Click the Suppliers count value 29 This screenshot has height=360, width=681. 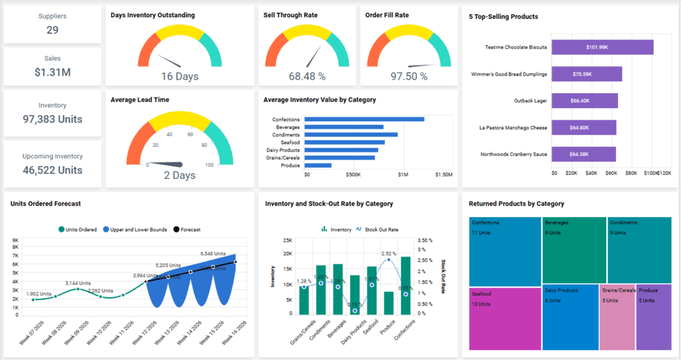pyautogui.click(x=53, y=30)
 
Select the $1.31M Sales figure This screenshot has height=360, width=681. pyautogui.click(x=53, y=72)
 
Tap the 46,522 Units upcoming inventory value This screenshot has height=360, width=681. pyautogui.click(x=53, y=170)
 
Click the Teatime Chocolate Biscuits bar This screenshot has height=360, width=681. pyautogui.click(x=603, y=47)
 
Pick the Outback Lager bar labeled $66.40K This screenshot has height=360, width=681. pyautogui.click(x=585, y=100)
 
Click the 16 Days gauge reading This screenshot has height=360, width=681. pyautogui.click(x=180, y=77)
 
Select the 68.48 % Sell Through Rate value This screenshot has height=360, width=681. pyautogui.click(x=307, y=77)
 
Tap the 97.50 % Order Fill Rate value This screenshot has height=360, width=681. pyautogui.click(x=408, y=77)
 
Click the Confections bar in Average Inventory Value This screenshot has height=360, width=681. pyautogui.click(x=364, y=119)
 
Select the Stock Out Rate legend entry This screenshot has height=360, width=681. pyautogui.click(x=380, y=230)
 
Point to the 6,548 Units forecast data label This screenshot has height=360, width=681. pyautogui.click(x=218, y=254)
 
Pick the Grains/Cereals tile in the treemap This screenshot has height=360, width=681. pyautogui.click(x=618, y=317)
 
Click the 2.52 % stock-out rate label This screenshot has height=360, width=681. pyautogui.click(x=389, y=254)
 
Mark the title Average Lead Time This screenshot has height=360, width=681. pyautogui.click(x=140, y=100)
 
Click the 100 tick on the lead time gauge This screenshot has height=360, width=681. pyautogui.click(x=209, y=164)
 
